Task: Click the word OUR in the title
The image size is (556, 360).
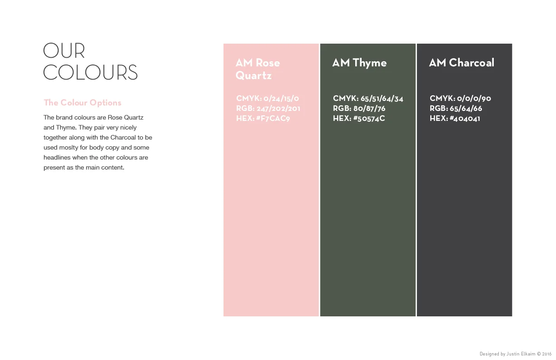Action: [64, 51]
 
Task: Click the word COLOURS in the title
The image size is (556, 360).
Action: [90, 73]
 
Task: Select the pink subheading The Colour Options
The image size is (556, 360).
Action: [83, 103]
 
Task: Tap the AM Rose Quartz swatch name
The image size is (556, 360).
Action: [258, 69]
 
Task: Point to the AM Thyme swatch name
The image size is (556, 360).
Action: [359, 63]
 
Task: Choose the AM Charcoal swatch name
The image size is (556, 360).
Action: [462, 63]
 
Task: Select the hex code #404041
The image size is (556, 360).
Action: [465, 119]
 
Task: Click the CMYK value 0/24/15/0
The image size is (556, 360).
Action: [281, 99]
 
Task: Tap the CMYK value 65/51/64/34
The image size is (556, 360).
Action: [382, 99]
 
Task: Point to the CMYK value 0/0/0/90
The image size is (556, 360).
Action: [474, 99]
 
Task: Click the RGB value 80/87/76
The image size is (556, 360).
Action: [369, 109]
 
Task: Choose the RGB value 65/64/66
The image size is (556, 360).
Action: [467, 109]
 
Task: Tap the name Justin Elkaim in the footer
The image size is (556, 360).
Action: [521, 354]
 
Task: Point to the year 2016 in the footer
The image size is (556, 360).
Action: [547, 354]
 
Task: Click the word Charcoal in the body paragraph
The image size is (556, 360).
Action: [123, 138]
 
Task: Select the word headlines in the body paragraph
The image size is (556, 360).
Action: [57, 158]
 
